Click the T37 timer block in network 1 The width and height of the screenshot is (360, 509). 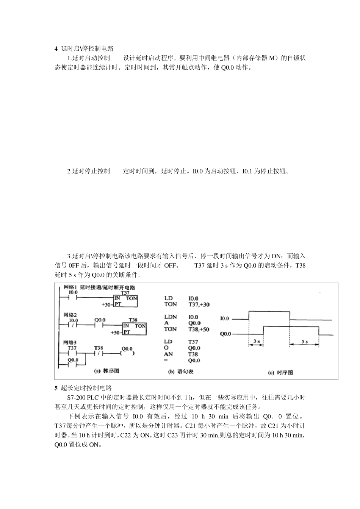click(125, 301)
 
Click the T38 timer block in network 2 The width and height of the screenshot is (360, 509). click(134, 328)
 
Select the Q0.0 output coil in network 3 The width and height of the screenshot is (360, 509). click(127, 353)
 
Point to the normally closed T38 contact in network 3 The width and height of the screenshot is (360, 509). click(99, 353)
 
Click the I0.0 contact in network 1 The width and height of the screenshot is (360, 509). click(73, 298)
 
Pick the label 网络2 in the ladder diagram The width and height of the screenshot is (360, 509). click(70, 315)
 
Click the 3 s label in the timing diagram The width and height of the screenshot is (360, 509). click(257, 342)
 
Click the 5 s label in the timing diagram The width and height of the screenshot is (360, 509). click(305, 342)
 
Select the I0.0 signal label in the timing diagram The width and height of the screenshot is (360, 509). click(225, 319)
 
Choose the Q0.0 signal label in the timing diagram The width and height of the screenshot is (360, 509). click(225, 334)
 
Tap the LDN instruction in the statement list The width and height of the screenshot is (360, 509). click(170, 317)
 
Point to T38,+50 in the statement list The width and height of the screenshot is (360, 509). click(199, 329)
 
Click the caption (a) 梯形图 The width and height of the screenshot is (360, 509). click(106, 371)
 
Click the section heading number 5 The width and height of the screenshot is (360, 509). click(56, 388)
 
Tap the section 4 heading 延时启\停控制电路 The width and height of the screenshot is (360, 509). click(87, 48)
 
